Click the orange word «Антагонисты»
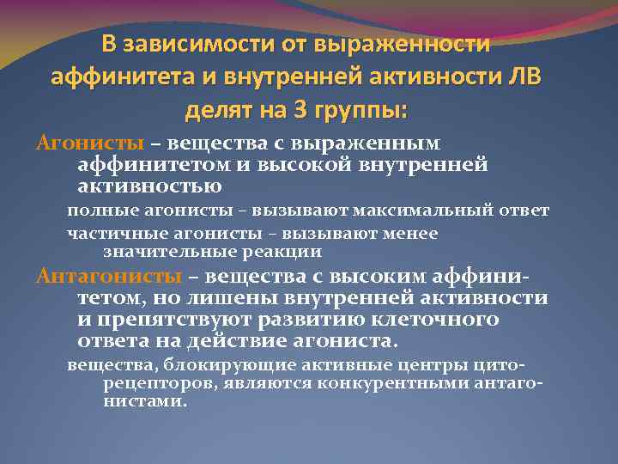pos(107,276)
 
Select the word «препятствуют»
pos(176,319)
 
